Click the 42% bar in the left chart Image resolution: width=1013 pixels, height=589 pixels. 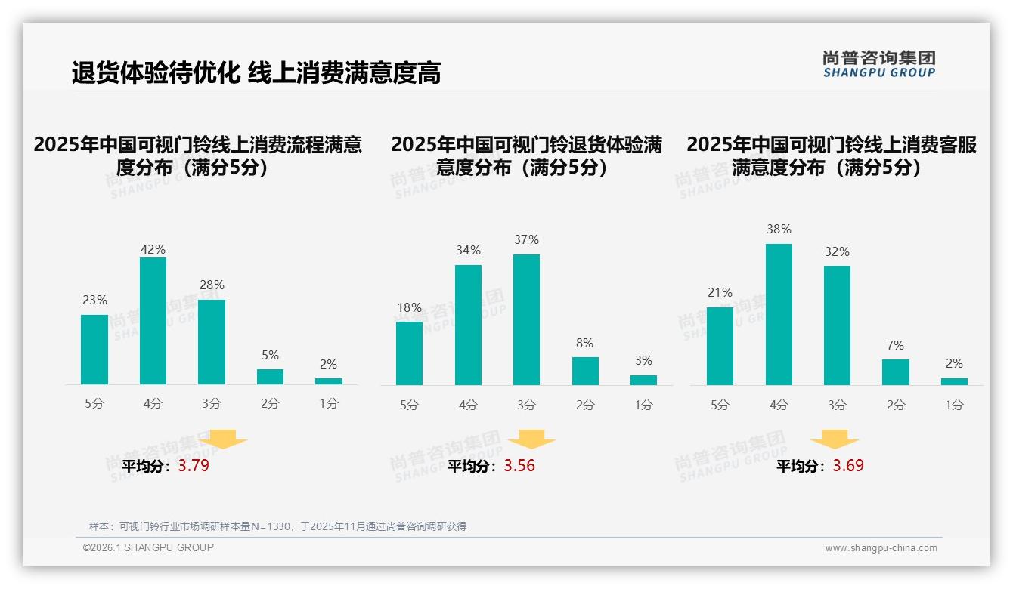[x=153, y=321]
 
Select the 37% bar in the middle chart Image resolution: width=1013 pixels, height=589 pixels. [x=526, y=319]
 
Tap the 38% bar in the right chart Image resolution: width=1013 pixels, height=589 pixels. [x=779, y=314]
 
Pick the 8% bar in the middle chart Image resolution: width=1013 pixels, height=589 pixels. [x=585, y=371]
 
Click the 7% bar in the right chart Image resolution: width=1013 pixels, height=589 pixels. [x=896, y=372]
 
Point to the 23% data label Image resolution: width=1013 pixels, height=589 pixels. [x=94, y=300]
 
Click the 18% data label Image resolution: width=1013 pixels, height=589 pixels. [x=409, y=307]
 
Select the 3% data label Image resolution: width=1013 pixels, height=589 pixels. [x=643, y=360]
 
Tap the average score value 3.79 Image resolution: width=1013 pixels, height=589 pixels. [x=194, y=466]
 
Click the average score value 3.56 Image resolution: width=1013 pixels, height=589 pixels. [x=519, y=466]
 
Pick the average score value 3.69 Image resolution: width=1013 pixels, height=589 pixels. [x=848, y=466]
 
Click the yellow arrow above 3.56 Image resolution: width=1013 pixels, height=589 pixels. [x=531, y=439]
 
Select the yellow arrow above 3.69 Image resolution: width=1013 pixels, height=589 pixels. [x=835, y=439]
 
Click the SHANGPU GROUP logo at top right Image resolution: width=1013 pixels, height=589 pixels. [x=878, y=64]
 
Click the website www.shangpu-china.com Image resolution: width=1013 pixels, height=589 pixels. [x=881, y=548]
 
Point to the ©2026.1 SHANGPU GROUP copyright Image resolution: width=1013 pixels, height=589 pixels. [x=148, y=547]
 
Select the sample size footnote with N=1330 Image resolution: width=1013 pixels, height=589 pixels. [x=277, y=526]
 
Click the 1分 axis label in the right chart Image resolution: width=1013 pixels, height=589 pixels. [x=954, y=405]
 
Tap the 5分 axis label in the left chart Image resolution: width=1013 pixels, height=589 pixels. [x=94, y=404]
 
